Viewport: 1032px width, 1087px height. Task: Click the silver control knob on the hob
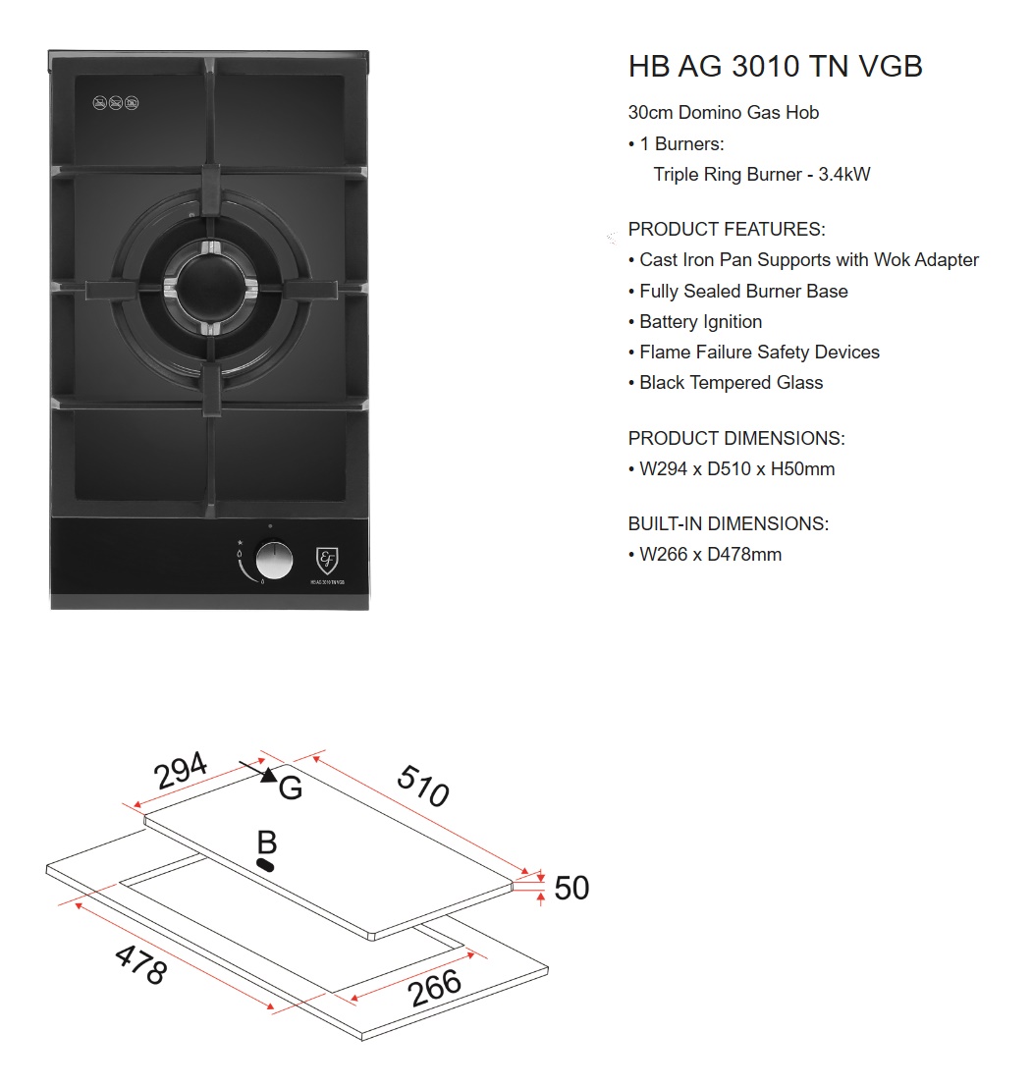click(274, 562)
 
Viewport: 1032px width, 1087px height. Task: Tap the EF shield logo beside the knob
click(327, 561)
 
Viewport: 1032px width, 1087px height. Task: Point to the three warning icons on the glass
click(116, 102)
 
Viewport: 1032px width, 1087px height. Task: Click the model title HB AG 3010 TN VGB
click(775, 67)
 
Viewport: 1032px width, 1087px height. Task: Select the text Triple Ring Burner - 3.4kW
click(762, 175)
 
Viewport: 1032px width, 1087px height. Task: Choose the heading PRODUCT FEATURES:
click(727, 229)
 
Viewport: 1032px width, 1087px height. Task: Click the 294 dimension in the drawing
click(182, 771)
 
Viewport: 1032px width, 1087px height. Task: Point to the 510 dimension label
click(423, 785)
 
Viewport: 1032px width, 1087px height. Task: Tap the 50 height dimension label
click(571, 888)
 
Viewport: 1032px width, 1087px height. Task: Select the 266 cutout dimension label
click(435, 987)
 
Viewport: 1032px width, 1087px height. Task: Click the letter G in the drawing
click(291, 788)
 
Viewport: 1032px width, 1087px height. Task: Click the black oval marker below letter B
click(265, 864)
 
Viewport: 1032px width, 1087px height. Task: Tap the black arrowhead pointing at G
click(268, 776)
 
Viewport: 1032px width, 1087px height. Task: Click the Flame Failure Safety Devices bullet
click(759, 352)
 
